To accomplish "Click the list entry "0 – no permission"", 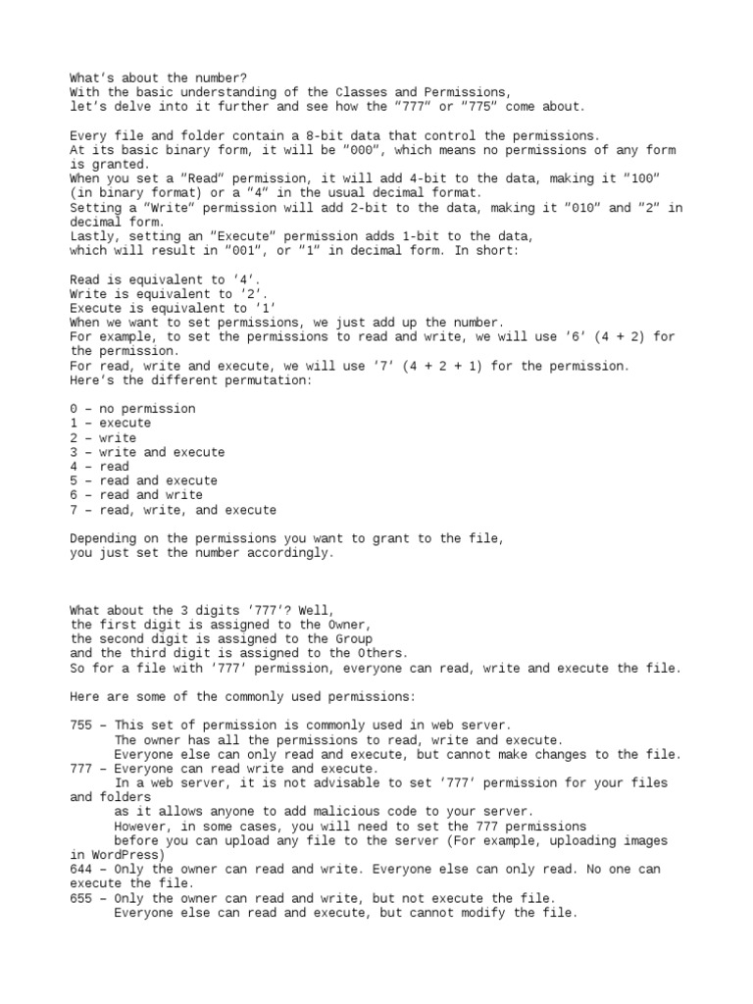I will point(132,409).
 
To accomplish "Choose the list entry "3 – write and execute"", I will point(147,452).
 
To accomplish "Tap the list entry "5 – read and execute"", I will point(143,481).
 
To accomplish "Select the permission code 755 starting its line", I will point(81,726).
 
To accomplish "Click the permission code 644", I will point(81,870).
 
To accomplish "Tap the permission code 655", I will point(81,898).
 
